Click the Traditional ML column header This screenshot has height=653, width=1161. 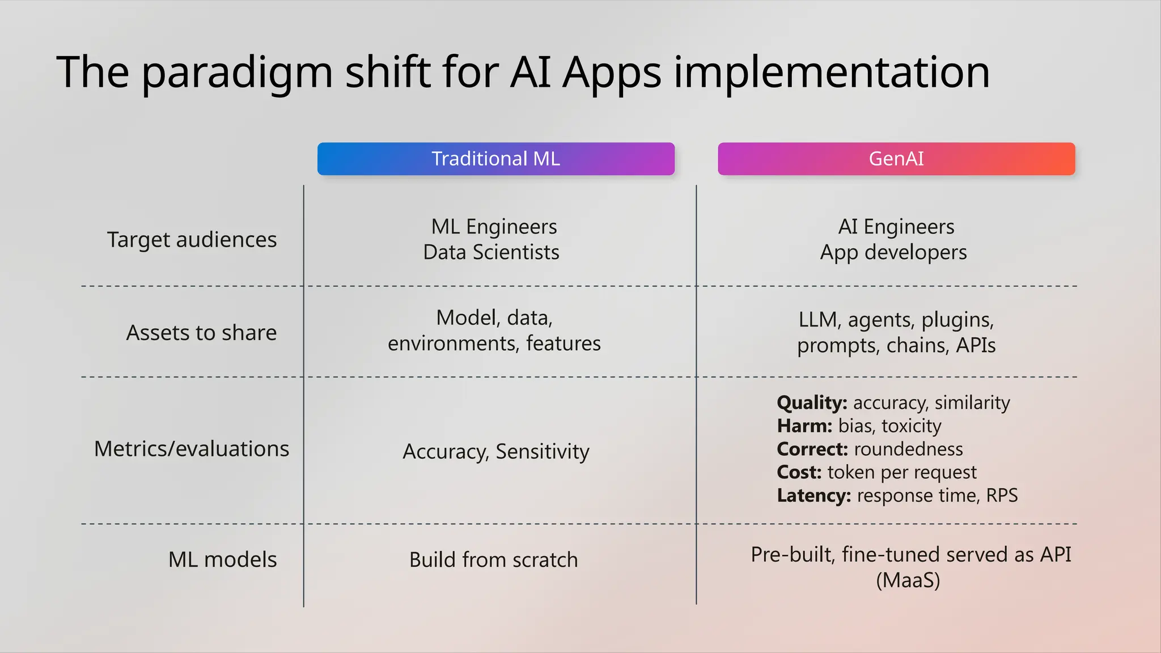click(x=495, y=159)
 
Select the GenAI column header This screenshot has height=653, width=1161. click(x=896, y=159)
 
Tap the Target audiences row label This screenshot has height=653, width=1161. click(x=192, y=240)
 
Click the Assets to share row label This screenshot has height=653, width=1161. click(x=201, y=333)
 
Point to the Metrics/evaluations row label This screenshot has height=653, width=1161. click(x=192, y=449)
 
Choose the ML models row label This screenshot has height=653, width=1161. click(x=222, y=559)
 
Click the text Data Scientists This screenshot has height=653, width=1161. click(x=491, y=252)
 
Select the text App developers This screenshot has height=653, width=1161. click(x=893, y=252)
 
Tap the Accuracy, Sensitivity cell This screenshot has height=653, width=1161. click(x=495, y=452)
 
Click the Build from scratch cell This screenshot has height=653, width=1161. click(x=493, y=560)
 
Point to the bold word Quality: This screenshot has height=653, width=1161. click(x=812, y=403)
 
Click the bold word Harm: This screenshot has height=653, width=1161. click(x=804, y=426)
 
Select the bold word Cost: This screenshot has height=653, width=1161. click(x=799, y=472)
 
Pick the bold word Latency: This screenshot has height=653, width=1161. click(x=813, y=495)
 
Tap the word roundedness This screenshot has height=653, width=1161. click(x=908, y=449)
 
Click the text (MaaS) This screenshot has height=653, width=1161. click(x=908, y=580)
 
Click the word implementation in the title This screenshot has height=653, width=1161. click(x=831, y=72)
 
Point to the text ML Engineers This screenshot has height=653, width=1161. click(x=494, y=227)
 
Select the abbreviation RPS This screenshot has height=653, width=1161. click(x=1002, y=495)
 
